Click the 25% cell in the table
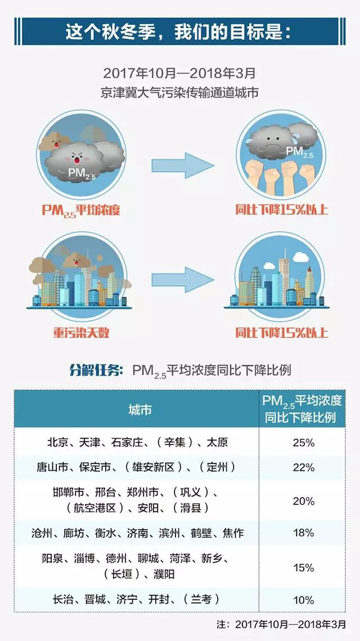[x=303, y=443]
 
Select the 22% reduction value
[x=303, y=467]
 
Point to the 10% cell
[x=303, y=600]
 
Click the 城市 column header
[x=139, y=409]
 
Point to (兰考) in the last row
[x=201, y=600]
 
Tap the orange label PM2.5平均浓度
[x=81, y=210]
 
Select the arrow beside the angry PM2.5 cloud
[x=183, y=165]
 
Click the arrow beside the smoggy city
[x=183, y=278]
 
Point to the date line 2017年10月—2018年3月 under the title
[x=179, y=74]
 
